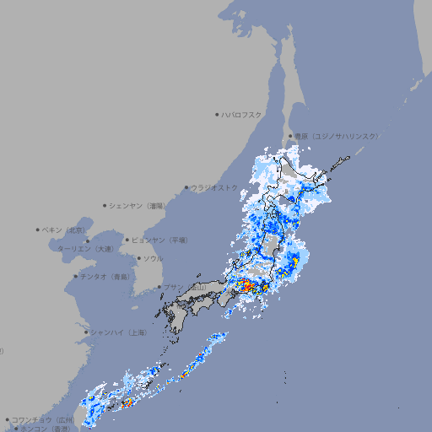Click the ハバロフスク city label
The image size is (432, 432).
click(x=242, y=114)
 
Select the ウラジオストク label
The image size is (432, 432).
click(x=214, y=187)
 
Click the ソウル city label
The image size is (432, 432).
click(x=154, y=258)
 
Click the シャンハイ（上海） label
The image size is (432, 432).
click(x=119, y=332)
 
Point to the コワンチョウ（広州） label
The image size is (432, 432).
click(x=43, y=419)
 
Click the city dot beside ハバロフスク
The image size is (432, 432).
click(x=217, y=114)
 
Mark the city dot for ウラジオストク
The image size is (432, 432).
click(x=186, y=187)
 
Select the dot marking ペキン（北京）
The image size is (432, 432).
click(x=38, y=229)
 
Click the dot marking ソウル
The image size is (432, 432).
click(x=138, y=258)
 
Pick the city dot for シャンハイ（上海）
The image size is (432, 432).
click(x=86, y=332)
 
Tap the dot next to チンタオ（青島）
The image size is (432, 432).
click(x=76, y=276)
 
